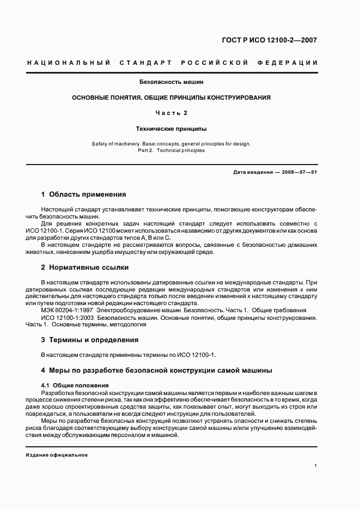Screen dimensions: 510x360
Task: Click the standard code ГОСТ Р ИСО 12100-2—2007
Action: (x=278, y=40)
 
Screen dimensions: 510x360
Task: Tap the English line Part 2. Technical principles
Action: (x=172, y=150)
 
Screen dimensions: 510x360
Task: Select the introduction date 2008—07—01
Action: (x=300, y=172)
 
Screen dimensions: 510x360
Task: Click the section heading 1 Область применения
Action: (x=83, y=194)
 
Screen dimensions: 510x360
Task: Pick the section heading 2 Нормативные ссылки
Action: (x=85, y=268)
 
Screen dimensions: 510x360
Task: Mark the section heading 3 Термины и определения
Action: (x=90, y=339)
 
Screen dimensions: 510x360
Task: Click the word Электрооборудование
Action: (x=127, y=310)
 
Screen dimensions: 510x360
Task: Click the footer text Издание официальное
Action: (x=57, y=455)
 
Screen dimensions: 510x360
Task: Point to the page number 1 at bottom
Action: (x=316, y=466)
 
